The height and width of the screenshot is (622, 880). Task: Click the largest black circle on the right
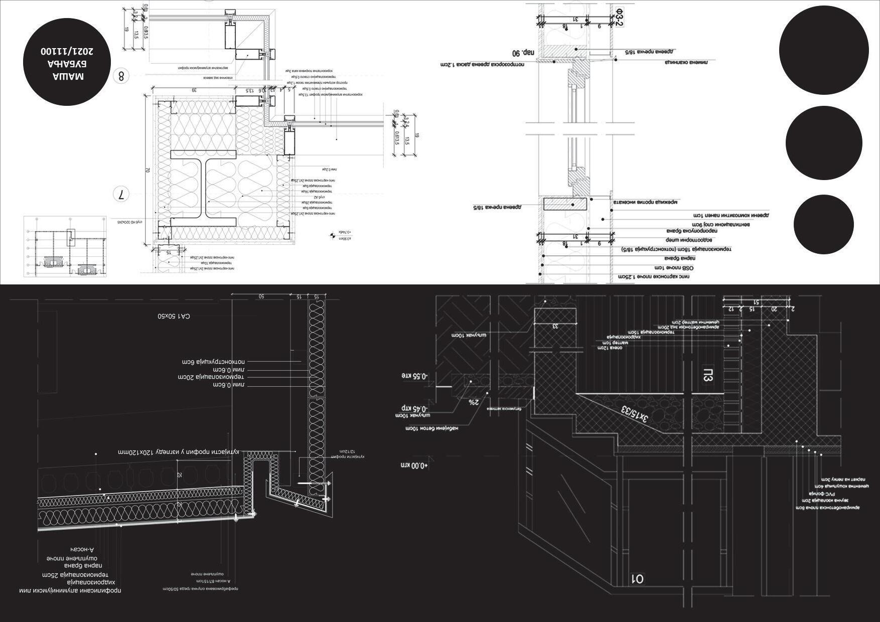coord(824,50)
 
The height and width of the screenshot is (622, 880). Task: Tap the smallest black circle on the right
coord(823,224)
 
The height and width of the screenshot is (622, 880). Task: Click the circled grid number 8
coord(121,76)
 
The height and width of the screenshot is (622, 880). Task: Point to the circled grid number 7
coord(121,194)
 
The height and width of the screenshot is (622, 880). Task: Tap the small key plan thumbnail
coord(65,246)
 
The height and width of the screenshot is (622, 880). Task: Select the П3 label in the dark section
coord(708,375)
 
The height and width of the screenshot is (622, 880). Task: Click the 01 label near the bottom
coord(637,579)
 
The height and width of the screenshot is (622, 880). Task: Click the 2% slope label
coord(474,402)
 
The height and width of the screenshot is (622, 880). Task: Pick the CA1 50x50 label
coord(173,317)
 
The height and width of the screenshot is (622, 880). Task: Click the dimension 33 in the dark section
coord(555,326)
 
